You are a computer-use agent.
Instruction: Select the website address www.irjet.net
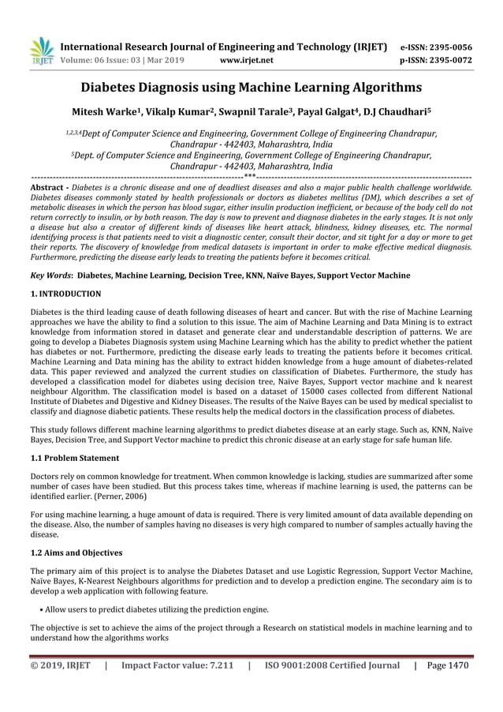[248, 59]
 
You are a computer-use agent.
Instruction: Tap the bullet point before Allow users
[40, 610]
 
